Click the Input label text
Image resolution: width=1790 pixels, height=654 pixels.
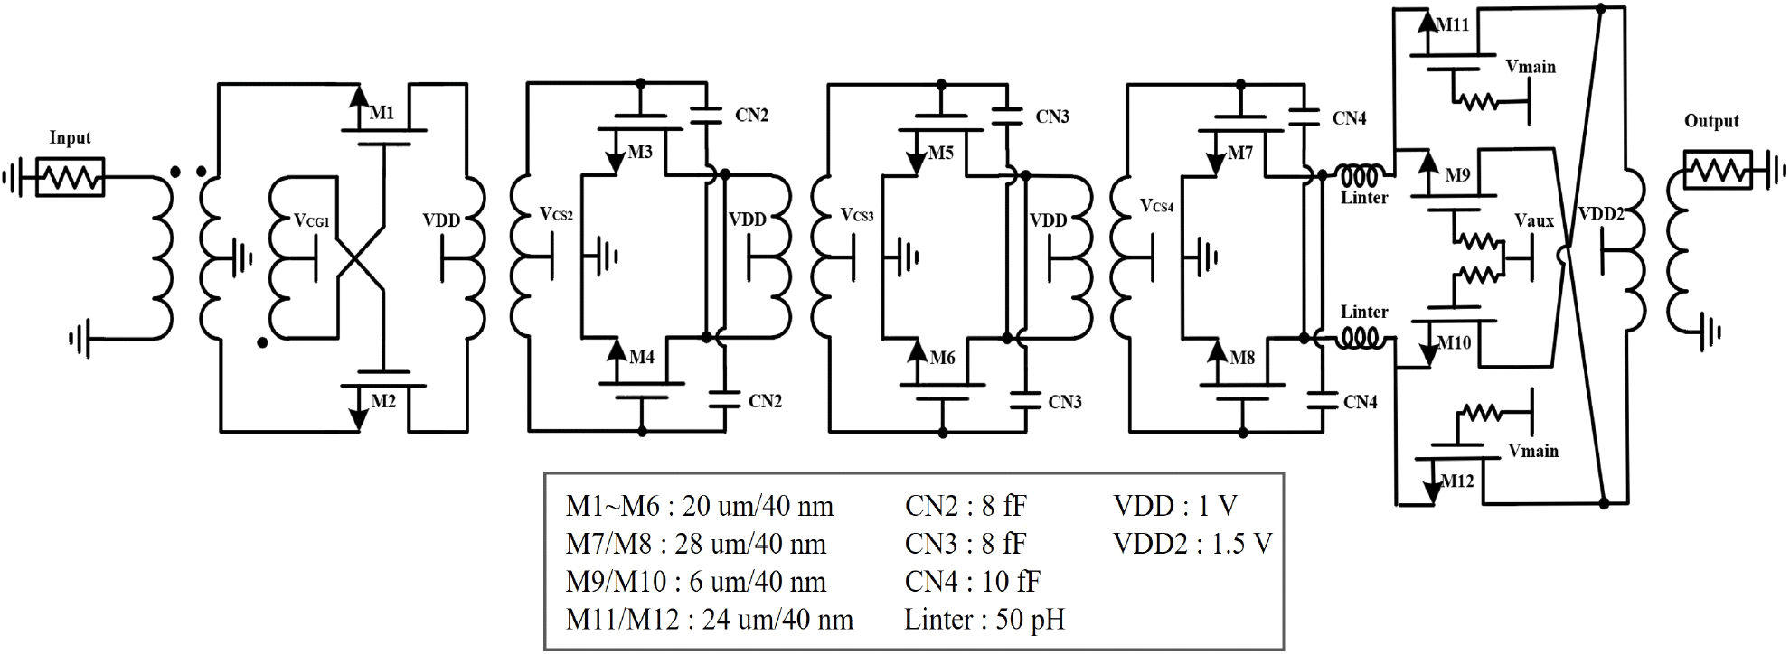point(70,138)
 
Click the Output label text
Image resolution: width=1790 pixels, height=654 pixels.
point(1711,121)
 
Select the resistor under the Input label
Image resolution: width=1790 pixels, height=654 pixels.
point(70,177)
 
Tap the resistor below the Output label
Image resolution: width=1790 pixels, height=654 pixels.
point(1718,170)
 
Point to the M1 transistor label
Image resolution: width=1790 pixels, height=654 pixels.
point(382,113)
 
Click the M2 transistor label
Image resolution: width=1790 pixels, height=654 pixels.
point(383,400)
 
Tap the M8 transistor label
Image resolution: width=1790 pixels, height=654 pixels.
point(1242,358)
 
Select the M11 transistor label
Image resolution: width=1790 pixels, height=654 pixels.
point(1453,25)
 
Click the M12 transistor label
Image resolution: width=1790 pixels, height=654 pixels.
point(1457,481)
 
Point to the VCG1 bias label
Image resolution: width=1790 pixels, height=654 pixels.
point(313,221)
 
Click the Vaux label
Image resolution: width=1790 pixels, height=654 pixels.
point(1534,220)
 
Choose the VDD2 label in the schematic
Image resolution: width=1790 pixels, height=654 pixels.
point(1601,214)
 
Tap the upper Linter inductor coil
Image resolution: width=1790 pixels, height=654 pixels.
point(1359,173)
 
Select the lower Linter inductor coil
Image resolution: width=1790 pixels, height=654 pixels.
point(1359,339)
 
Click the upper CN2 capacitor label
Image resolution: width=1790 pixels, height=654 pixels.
point(752,116)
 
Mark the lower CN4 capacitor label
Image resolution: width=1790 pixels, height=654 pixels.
point(1361,402)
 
